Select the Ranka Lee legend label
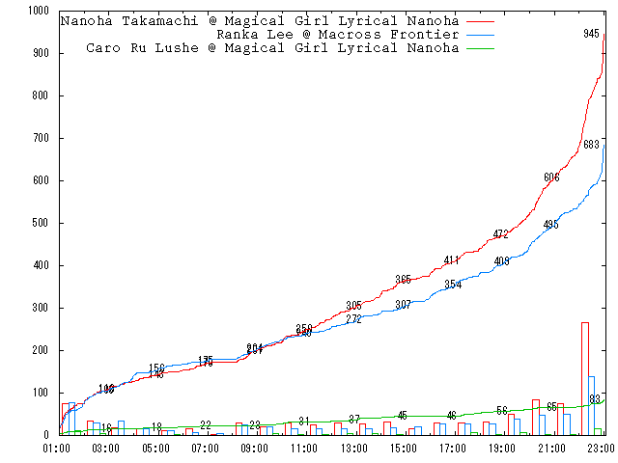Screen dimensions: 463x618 click(x=337, y=35)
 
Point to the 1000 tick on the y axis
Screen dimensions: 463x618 click(x=38, y=11)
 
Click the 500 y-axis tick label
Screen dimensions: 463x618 click(x=41, y=223)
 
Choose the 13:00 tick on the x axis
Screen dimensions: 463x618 click(x=353, y=449)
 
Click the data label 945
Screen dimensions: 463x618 click(x=592, y=34)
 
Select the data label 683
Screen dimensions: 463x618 click(x=592, y=145)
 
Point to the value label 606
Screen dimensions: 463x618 click(x=551, y=177)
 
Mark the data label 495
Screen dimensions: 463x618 click(x=550, y=225)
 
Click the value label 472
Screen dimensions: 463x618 click(x=500, y=234)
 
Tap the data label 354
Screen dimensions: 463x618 click(x=453, y=285)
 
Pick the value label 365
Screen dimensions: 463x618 click(x=403, y=280)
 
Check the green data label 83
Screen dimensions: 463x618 click(x=596, y=399)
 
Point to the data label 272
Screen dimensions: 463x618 click(x=353, y=319)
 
